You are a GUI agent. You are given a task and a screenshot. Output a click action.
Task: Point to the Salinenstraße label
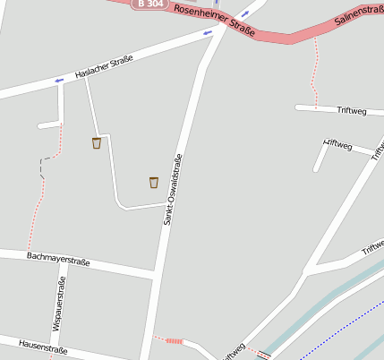(358, 16)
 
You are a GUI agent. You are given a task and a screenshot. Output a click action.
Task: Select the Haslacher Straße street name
(104, 67)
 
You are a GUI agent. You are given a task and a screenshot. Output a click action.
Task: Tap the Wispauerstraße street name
(59, 304)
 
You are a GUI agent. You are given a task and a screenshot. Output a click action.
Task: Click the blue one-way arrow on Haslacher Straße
(59, 81)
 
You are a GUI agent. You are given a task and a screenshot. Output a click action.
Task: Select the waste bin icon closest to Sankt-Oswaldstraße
(154, 183)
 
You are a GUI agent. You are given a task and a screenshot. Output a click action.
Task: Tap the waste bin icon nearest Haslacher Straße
(97, 142)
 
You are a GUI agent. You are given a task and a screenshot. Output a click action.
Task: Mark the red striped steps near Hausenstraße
(175, 341)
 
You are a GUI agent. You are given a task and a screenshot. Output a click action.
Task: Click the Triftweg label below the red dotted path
(352, 111)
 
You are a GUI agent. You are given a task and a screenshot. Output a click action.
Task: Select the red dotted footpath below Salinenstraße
(314, 72)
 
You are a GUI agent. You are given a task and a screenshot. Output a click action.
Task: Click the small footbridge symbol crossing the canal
(262, 356)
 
